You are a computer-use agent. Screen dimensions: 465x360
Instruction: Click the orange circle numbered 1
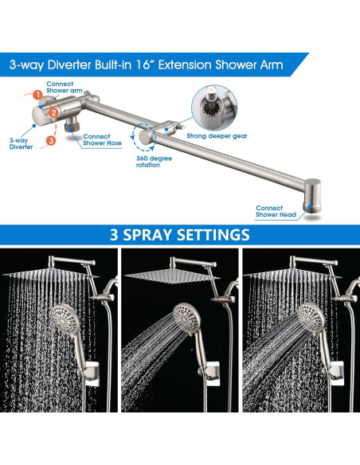tap(38, 95)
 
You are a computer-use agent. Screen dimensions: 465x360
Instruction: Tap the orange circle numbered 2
tap(53, 113)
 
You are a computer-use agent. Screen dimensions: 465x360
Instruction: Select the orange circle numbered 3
tap(50, 141)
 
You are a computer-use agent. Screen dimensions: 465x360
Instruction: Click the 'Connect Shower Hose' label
tap(100, 140)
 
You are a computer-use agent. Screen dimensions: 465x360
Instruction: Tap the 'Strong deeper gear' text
tap(217, 135)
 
